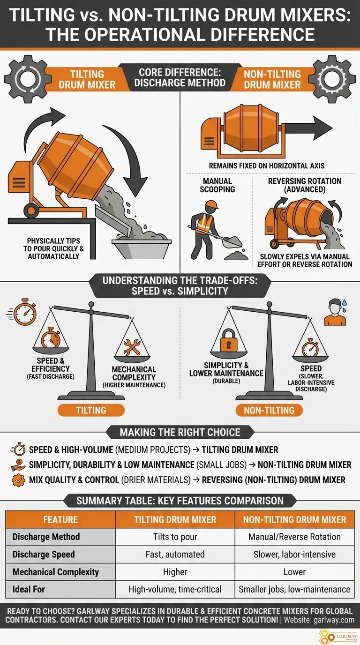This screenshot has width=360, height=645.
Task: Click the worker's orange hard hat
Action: (211, 204)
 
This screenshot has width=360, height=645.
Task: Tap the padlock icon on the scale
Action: (228, 340)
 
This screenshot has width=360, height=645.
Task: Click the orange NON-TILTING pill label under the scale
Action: (269, 410)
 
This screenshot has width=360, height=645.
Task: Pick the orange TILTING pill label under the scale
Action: (91, 410)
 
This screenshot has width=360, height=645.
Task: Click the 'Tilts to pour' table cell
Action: (175, 536)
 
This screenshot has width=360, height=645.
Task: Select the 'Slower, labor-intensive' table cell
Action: (294, 554)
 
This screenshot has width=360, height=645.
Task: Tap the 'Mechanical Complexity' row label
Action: (56, 571)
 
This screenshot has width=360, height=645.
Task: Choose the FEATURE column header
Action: (60, 519)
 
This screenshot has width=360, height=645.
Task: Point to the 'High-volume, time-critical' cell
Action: (175, 589)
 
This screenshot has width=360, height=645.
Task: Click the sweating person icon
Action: (336, 312)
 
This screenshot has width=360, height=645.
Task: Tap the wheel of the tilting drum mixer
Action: (31, 210)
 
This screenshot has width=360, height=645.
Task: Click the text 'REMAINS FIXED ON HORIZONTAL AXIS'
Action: (267, 166)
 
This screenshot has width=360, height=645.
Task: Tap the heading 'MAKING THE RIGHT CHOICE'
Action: (180, 432)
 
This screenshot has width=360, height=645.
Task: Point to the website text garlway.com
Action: (334, 620)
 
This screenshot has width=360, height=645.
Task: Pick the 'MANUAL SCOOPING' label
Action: (217, 185)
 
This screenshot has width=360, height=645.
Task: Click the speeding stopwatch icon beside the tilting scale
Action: (22, 312)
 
